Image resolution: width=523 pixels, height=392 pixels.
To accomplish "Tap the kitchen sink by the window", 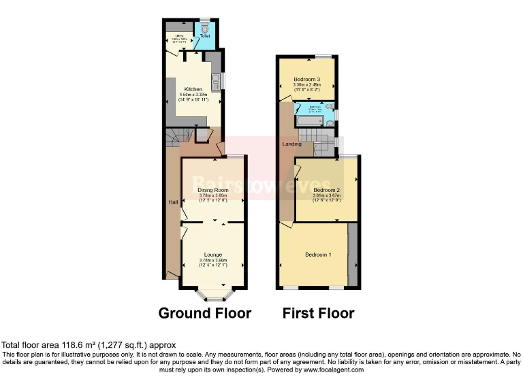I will click(x=217, y=80).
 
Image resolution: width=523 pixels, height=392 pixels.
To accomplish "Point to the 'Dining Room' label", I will click(x=213, y=190).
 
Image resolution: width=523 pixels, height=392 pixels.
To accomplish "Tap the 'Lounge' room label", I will click(x=213, y=254).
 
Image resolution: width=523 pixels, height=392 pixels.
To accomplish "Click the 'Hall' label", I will click(x=172, y=202).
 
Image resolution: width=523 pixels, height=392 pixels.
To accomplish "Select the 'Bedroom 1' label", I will click(x=318, y=255).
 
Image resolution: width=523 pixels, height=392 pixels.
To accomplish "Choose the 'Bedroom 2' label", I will click(x=327, y=190).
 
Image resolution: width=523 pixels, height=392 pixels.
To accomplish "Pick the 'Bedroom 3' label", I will click(x=306, y=79).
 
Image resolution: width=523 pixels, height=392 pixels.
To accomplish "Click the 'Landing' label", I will click(x=291, y=144).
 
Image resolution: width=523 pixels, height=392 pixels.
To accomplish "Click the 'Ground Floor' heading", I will click(x=204, y=314).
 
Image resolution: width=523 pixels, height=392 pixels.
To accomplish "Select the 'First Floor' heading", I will click(x=319, y=314).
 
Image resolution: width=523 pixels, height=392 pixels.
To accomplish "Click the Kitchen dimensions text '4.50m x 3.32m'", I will click(x=191, y=95).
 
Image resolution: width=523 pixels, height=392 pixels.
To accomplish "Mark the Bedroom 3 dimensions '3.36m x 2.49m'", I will click(x=306, y=84).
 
